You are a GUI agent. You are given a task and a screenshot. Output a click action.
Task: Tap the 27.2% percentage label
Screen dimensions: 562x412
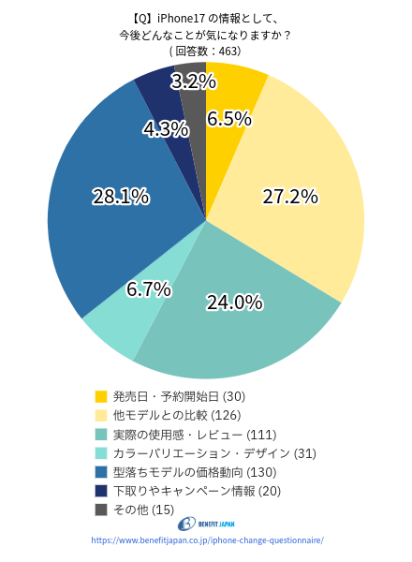point(290,197)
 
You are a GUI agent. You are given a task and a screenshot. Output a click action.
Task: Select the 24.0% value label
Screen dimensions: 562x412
point(234,302)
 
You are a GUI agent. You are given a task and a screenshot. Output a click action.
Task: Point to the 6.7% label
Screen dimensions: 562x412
point(148,289)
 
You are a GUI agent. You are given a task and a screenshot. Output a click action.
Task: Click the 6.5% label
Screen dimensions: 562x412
point(229,118)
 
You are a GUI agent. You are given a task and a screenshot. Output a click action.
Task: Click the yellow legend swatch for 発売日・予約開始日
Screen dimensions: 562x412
point(101,396)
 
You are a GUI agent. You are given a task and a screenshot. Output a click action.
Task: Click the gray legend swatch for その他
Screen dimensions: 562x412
point(101,510)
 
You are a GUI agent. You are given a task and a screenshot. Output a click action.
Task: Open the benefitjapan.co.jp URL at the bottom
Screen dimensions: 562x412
point(207,540)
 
